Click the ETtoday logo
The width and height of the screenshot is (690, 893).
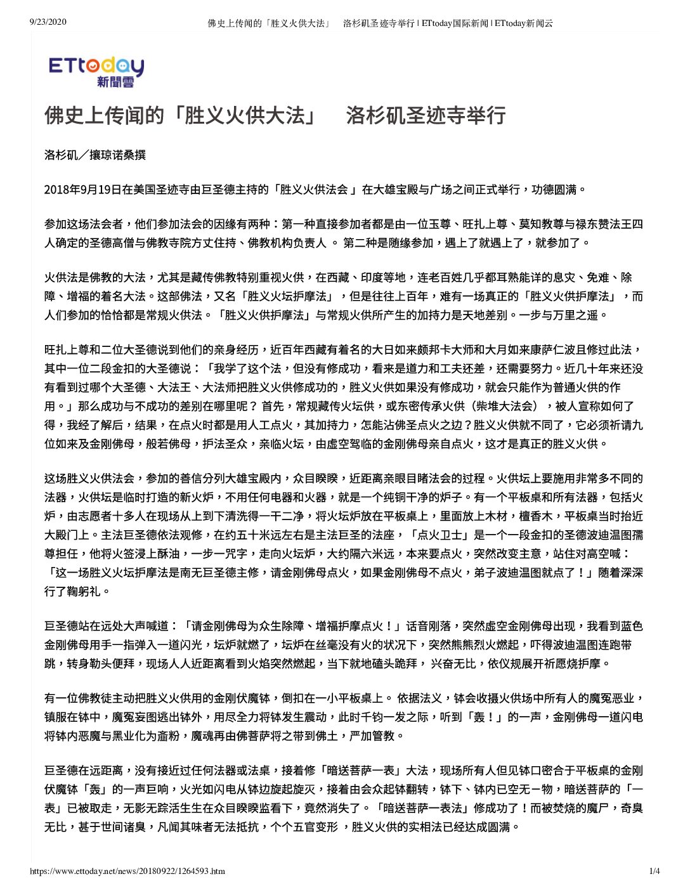click(x=96, y=71)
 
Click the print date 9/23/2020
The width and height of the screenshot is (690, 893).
click(x=48, y=23)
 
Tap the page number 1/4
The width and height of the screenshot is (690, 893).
click(x=654, y=871)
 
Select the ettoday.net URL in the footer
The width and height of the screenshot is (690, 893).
click(x=127, y=871)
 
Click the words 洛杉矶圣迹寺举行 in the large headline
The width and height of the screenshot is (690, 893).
click(x=426, y=115)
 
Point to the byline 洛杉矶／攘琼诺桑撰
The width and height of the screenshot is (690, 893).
click(x=95, y=155)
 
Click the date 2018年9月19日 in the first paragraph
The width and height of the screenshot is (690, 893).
click(x=82, y=190)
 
